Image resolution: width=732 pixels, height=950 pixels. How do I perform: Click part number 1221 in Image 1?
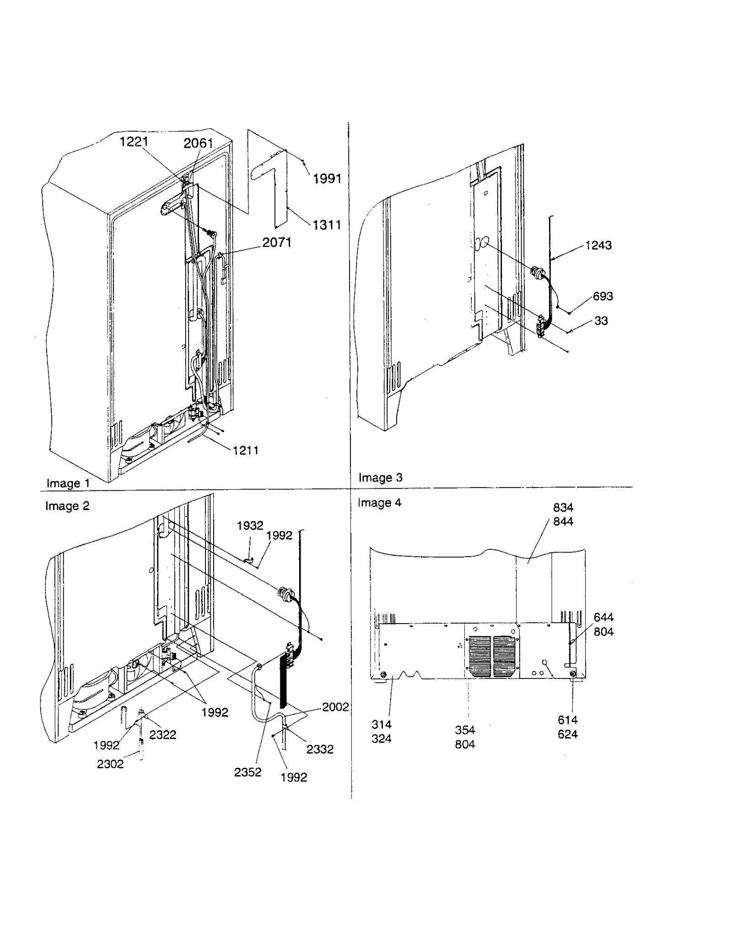click(x=134, y=142)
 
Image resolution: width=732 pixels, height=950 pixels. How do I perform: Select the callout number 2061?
click(x=198, y=143)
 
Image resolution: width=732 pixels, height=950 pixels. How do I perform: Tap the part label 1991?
click(x=327, y=179)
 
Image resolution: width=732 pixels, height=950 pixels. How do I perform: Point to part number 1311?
click(x=327, y=225)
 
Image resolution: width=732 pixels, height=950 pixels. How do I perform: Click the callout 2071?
click(x=277, y=242)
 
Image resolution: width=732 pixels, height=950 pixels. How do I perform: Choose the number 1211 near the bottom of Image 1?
click(x=246, y=451)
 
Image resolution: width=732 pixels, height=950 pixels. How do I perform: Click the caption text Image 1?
click(x=68, y=483)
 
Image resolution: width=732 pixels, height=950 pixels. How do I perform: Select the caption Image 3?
click(x=380, y=478)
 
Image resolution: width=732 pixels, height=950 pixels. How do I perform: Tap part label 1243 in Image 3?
click(x=598, y=245)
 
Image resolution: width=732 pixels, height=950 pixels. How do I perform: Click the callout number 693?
click(x=603, y=296)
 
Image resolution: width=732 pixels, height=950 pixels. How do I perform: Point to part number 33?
click(x=601, y=321)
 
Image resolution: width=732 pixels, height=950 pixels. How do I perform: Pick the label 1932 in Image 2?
click(x=250, y=526)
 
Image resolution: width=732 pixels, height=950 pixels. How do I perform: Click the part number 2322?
click(x=162, y=734)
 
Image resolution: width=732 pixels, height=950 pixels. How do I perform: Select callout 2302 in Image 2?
click(x=110, y=764)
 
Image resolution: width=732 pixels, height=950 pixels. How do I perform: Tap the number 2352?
click(x=248, y=772)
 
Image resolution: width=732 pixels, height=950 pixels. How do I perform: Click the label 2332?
click(x=319, y=749)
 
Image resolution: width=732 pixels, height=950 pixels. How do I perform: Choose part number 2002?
click(x=335, y=707)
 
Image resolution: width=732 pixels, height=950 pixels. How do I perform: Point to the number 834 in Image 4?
click(x=563, y=508)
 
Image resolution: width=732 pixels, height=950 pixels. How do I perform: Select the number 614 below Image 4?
click(x=567, y=720)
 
